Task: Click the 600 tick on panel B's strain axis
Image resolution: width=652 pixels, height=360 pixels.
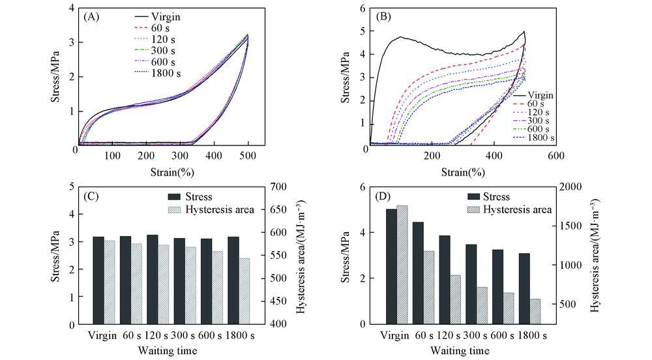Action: (555, 157)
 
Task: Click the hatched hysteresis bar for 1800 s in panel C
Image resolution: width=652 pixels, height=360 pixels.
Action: (244, 291)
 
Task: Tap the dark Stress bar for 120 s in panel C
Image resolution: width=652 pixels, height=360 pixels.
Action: (153, 279)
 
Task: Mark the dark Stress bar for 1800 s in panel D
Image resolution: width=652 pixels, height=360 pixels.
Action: (524, 288)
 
